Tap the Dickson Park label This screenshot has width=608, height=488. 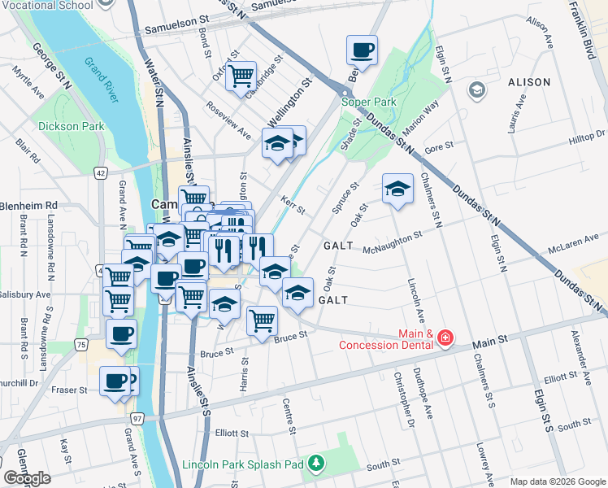point(71,127)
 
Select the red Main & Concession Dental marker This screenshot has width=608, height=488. point(445,337)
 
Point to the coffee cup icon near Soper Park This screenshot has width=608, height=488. point(362,50)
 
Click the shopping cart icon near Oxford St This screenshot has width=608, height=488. point(241,76)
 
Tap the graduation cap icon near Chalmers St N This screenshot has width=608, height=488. point(397,188)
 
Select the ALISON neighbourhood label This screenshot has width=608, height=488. point(529,82)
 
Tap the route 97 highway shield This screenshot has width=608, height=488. point(137,418)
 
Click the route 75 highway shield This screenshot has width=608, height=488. point(80,345)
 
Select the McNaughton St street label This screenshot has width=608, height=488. point(393,241)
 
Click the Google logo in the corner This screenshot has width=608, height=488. point(27,478)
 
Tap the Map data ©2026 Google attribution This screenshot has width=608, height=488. point(558,481)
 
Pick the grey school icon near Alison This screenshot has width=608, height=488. point(476,89)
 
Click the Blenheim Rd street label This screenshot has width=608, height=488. point(29,205)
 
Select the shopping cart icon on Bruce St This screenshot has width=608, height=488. point(261,320)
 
